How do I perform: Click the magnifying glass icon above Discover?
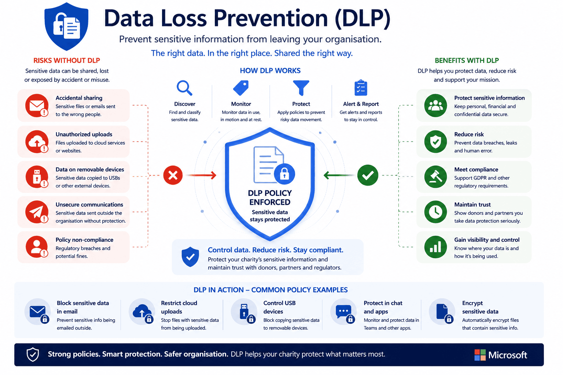coord(184,88)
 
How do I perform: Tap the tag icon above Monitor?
coord(241,88)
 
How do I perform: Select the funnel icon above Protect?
coord(301,88)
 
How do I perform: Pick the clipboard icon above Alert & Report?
coord(361,88)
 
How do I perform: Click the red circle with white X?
coord(173,175)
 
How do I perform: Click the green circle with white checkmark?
coord(368,175)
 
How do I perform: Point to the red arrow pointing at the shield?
coord(202,175)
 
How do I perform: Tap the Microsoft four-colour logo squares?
coord(480,355)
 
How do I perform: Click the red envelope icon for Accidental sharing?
coord(37,105)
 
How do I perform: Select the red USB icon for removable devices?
coord(37,177)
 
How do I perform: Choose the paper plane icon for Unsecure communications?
coord(37,212)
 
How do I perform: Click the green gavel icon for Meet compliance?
coord(435,177)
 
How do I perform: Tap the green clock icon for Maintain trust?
coord(435,212)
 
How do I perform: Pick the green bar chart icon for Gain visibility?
coord(435,247)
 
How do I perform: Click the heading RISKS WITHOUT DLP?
coord(67,60)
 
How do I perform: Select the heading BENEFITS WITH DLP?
coord(467,60)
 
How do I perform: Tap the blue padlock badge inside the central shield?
coord(284,174)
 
